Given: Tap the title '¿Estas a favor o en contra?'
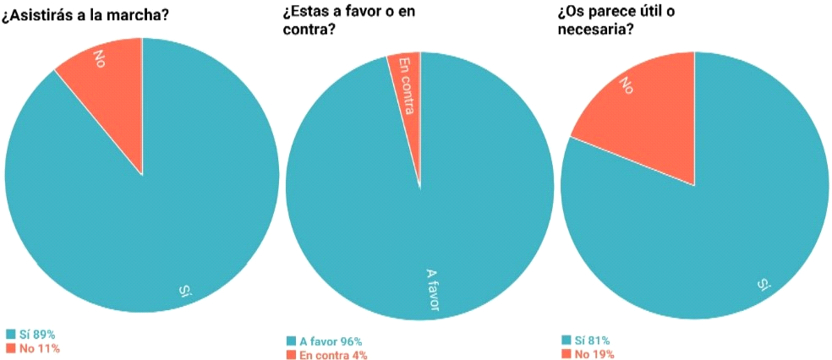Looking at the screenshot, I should coord(348,23).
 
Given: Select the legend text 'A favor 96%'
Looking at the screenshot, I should coord(331,341).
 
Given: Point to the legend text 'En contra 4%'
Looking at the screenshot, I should coord(333,355).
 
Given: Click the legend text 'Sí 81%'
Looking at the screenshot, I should coord(593,340).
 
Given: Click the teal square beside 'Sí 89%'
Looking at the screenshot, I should coord(10,335).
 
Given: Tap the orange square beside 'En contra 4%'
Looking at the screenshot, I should coord(291,355).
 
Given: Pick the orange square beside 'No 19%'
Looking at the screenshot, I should coord(566,353).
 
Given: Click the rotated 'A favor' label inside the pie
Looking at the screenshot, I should coord(432,290).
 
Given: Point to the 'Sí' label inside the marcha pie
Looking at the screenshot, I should coord(186,292).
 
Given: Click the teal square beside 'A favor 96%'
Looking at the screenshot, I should coord(291,341).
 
